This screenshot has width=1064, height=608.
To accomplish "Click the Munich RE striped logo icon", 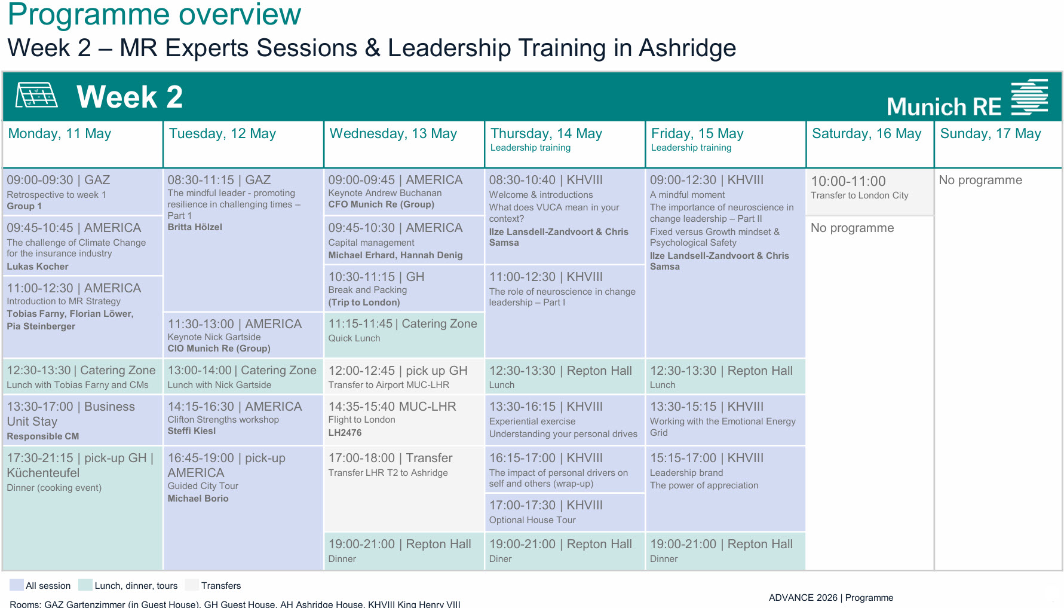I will point(1029,97).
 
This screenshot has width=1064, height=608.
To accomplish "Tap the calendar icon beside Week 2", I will point(36,96).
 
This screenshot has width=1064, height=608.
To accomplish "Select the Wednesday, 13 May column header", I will point(393,134).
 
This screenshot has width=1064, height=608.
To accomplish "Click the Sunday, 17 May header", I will point(990,134).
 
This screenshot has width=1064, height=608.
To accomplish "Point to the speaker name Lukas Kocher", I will point(38,267).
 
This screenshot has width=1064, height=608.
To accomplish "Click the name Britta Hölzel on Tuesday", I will point(195,227).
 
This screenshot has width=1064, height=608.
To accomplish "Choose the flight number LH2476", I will point(345,432).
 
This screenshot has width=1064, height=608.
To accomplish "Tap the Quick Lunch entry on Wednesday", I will point(354,338).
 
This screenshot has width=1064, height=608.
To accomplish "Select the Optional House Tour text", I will point(532,520).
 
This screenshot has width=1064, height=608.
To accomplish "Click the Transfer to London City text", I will point(859,195).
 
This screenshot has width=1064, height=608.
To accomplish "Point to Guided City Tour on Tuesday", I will point(203,486).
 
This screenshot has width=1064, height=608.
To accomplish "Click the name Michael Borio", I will point(198,499).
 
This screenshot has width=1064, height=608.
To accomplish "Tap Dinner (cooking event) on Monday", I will point(54,488).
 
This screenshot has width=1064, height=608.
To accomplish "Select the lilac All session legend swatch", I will point(17,585).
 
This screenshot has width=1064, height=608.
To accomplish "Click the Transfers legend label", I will point(221,586).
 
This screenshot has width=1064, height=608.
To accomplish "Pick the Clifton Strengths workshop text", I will point(223,420).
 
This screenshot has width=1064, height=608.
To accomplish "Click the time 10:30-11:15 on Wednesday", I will point(361,277).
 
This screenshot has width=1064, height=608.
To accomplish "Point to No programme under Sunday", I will point(980,180).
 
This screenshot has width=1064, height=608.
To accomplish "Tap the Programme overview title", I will point(154,14).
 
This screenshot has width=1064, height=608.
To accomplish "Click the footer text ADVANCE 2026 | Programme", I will point(830,598).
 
